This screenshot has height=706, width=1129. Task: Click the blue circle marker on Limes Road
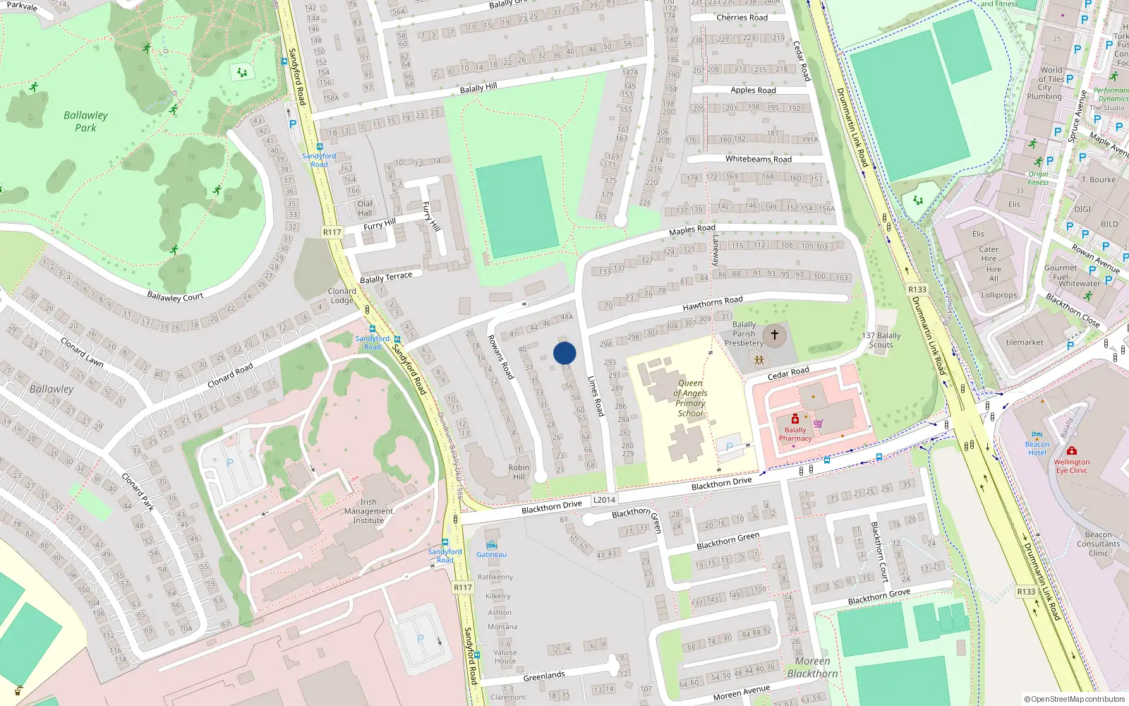pos(564,353)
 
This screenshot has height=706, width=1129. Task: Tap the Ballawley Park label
pos(85,121)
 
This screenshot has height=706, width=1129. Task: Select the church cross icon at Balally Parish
pos(774,335)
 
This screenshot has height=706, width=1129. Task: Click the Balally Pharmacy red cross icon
pos(795,419)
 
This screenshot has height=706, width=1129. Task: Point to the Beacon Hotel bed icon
pos(1037,435)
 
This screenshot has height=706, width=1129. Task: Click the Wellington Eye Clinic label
pos(1072,466)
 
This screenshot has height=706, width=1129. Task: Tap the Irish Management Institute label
pos(368,511)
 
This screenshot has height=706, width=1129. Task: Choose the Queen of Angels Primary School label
pos(690,398)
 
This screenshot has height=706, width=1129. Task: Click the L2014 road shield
pos(604,500)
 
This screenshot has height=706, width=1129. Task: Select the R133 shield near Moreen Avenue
pos(1026,592)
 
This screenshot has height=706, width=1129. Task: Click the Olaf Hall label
pos(365,208)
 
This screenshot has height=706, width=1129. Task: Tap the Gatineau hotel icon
pos(492,544)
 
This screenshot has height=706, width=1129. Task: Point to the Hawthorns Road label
pos(712,304)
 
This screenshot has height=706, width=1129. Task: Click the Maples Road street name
pos(692,230)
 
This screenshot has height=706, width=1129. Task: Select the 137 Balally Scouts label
pos(881,340)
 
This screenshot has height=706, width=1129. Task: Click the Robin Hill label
pos(519,472)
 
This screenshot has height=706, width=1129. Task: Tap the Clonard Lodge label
pos(342,296)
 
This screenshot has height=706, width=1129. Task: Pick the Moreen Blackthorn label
pos(812,667)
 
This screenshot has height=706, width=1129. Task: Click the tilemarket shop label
pos(1025,342)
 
